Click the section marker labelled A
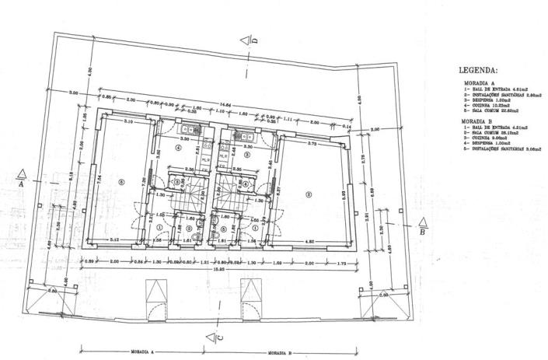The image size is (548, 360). (23, 178)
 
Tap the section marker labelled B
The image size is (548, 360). (422, 225)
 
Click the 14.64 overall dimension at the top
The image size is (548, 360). (225, 103)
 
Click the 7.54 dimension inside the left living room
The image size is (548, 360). (99, 177)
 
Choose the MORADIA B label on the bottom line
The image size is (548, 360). (279, 352)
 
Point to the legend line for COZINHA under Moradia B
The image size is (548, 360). (494, 138)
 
